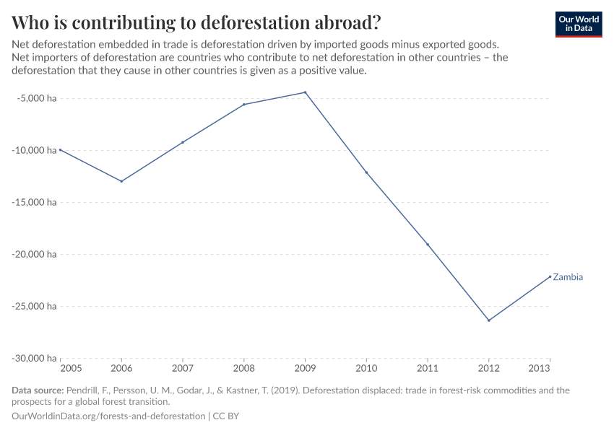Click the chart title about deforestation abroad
point(196,22)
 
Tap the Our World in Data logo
point(578,24)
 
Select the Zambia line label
point(568,277)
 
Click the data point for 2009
point(305,92)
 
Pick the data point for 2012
point(489,320)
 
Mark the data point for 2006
point(121,181)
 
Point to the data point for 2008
point(244,105)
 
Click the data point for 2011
point(428,245)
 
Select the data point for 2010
point(366,172)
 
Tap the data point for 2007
point(183,142)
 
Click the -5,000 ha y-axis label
point(35,98)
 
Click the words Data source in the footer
point(38,390)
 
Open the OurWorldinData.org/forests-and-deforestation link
point(108,416)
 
